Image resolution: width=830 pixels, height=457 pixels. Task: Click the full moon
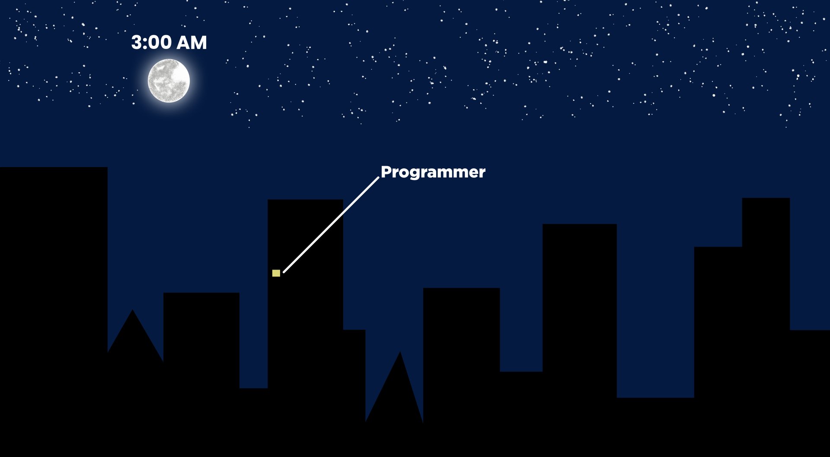coord(169,81)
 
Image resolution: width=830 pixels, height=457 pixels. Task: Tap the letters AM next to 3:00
coord(192,42)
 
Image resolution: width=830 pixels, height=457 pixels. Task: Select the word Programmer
coord(433,172)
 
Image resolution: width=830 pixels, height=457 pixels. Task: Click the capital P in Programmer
coord(386,172)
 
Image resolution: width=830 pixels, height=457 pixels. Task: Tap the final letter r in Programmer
coord(482,174)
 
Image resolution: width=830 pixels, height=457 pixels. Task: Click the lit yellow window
coord(276,273)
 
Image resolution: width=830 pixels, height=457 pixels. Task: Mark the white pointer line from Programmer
coord(331,225)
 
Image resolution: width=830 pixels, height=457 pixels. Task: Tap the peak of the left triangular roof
coord(133,310)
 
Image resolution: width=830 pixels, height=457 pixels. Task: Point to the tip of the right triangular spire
coord(400,351)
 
